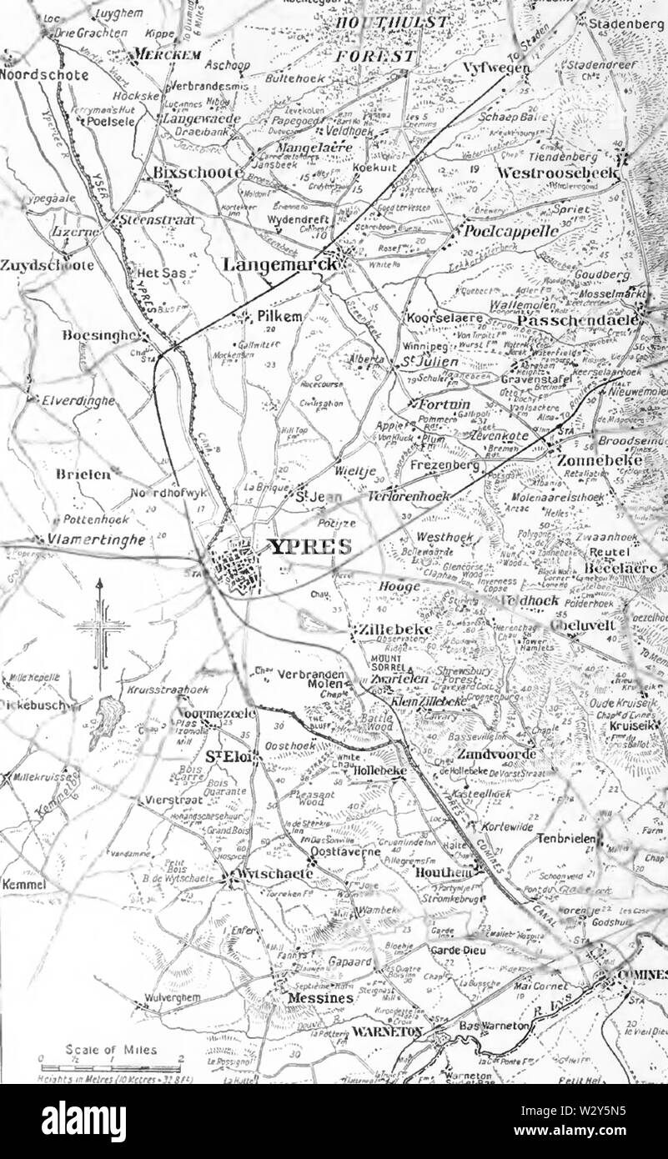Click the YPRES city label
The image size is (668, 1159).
pyautogui.click(x=309, y=547)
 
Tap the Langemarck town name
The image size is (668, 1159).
pyautogui.click(x=281, y=264)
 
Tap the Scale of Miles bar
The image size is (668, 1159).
pyautogui.click(x=111, y=1066)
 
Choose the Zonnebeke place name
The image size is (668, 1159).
pyautogui.click(x=600, y=459)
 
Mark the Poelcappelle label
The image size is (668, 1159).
pyautogui.click(x=510, y=231)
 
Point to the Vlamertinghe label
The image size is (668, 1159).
pyautogui.click(x=97, y=540)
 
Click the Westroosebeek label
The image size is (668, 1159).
pyautogui.click(x=557, y=172)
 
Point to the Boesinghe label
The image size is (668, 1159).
pyautogui.click(x=98, y=335)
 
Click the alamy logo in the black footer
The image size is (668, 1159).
pyautogui.click(x=83, y=1120)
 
